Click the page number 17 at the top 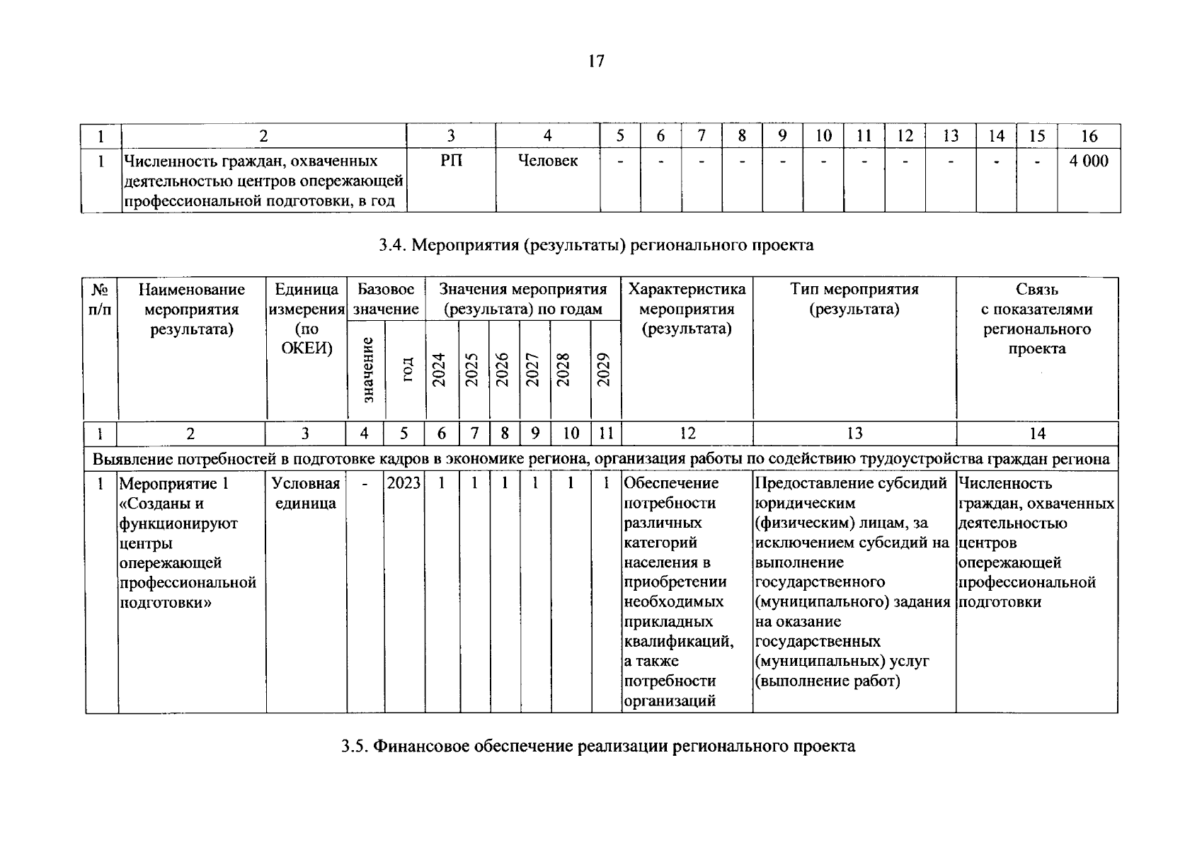(x=596, y=62)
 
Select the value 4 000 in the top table (x=1089, y=161)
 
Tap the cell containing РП (x=451, y=161)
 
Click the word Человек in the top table (x=547, y=161)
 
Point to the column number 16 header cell (x=1089, y=136)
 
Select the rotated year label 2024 (x=439, y=370)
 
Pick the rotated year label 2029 (x=604, y=370)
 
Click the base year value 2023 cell (x=404, y=484)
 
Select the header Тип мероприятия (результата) (x=854, y=299)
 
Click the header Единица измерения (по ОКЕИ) (x=307, y=319)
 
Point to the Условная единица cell (x=307, y=494)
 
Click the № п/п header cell (x=101, y=299)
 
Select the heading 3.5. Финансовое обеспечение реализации (x=597, y=747)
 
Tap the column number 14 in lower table (x=1036, y=433)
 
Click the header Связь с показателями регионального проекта (x=1036, y=319)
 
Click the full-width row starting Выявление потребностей (x=601, y=459)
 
